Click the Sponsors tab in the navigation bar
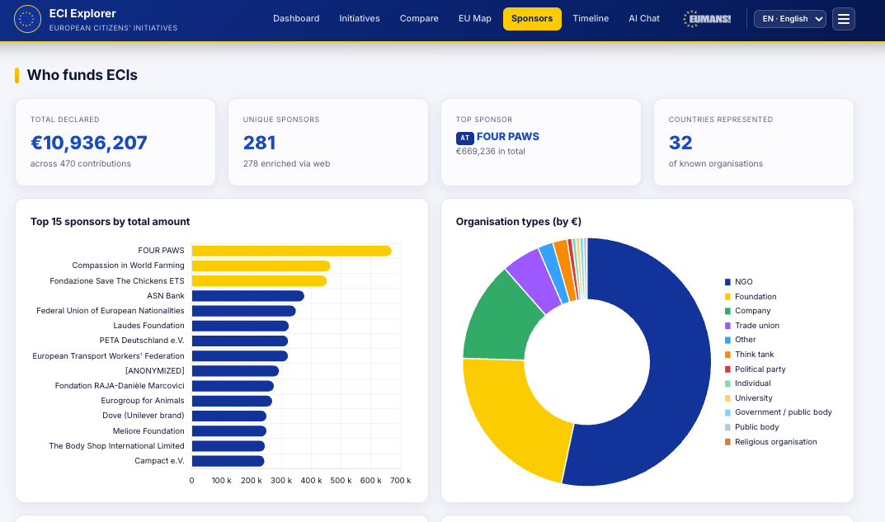532,19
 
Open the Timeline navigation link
591,19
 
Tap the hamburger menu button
843,19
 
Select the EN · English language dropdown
789,19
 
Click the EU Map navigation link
475,19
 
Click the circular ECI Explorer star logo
27,19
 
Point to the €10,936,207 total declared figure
88,143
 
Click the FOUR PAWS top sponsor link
507,137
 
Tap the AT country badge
464,138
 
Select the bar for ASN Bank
247,296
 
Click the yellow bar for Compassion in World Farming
261,266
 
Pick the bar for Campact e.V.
228,461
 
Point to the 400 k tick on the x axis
311,481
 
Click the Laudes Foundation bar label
148,326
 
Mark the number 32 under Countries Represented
680,143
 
